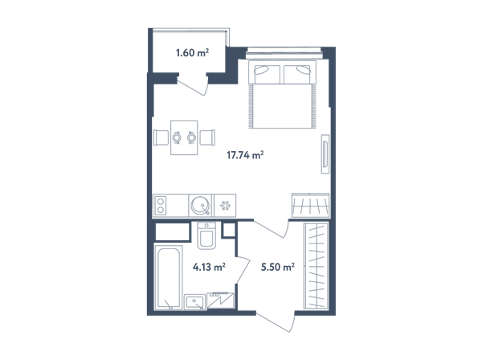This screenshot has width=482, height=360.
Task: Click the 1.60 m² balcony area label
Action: tap(193, 52)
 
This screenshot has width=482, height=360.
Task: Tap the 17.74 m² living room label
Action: tap(245, 155)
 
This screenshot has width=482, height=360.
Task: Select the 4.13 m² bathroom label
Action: tap(209, 267)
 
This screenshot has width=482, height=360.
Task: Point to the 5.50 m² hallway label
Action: tap(278, 267)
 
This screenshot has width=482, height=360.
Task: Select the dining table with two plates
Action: tap(184, 137)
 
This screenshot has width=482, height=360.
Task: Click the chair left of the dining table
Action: tap(161, 137)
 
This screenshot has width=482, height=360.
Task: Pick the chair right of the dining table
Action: tap(207, 137)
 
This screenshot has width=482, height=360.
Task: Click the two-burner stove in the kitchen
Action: tap(160, 206)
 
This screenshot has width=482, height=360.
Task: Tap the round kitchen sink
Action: tap(200, 205)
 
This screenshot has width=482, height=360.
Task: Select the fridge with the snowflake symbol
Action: tap(225, 206)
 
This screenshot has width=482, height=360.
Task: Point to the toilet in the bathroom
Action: tap(206, 235)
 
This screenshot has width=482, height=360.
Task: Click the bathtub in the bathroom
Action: tap(169, 277)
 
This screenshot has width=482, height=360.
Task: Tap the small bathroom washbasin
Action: tap(194, 302)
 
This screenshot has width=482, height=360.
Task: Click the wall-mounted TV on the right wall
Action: tap(325, 154)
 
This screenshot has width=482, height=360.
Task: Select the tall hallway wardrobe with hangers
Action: tap(316, 266)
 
